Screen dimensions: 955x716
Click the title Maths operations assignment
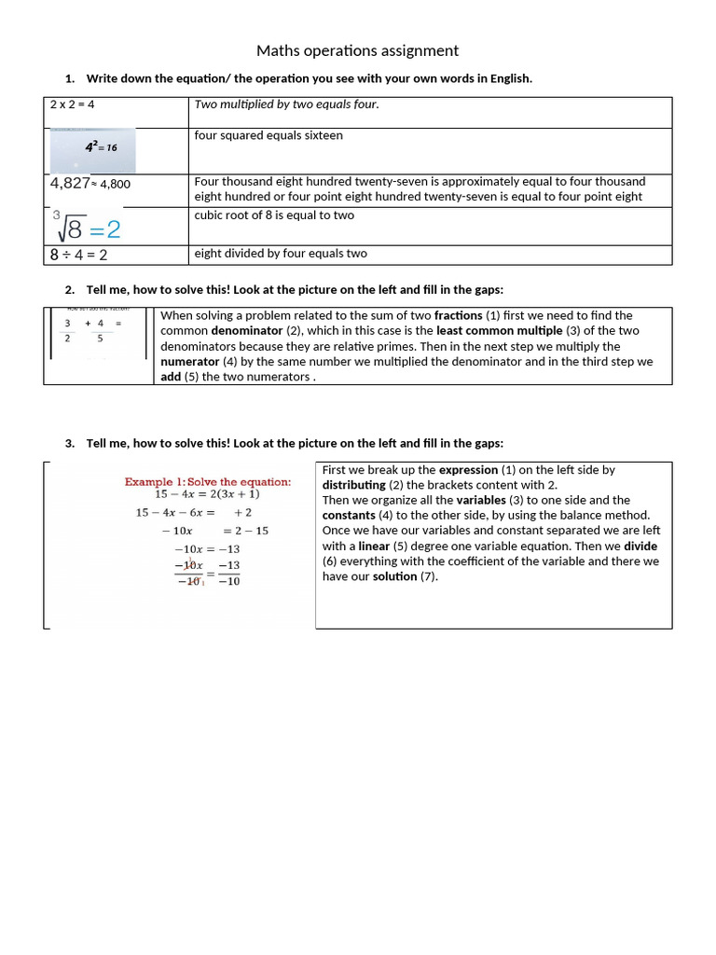[358, 50]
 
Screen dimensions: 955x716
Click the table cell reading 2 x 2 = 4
[73, 104]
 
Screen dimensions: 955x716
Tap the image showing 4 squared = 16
[93, 150]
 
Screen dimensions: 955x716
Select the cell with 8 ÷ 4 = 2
[78, 255]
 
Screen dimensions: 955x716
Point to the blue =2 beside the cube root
[105, 228]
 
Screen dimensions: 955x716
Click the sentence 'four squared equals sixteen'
[268, 135]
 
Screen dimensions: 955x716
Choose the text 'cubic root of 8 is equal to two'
[274, 215]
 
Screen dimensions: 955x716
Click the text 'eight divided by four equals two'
[281, 254]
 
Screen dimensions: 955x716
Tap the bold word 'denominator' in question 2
[246, 331]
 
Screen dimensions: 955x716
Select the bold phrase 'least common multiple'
[500, 331]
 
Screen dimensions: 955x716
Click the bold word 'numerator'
[188, 361]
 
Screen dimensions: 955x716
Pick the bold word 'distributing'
[354, 486]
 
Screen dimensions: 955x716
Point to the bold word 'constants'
[349, 516]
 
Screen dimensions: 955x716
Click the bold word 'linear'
[375, 546]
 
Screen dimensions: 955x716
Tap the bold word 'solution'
[395, 576]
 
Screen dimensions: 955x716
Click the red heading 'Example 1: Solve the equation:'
[208, 481]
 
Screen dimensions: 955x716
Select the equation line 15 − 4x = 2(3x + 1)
[207, 494]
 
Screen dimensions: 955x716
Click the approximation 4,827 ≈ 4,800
[90, 184]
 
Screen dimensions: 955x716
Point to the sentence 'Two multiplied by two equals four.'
[287, 104]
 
